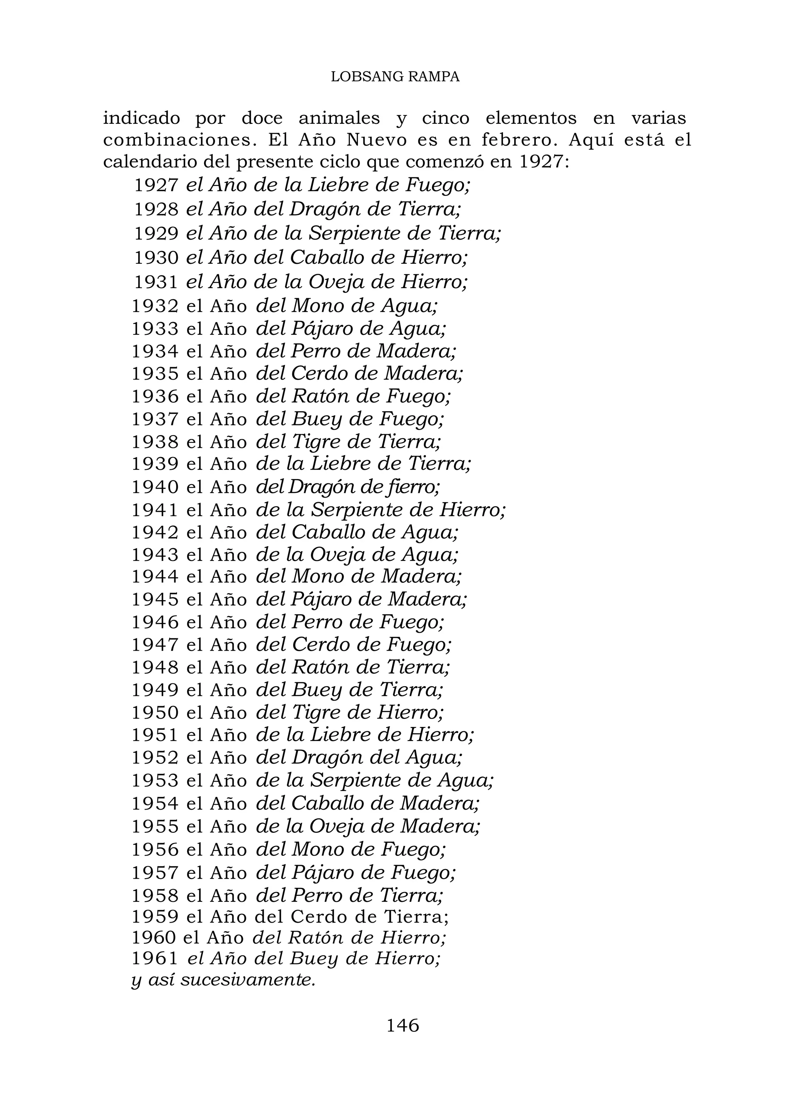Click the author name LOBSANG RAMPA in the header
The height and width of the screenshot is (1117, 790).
click(395, 77)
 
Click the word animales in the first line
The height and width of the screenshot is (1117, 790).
click(339, 118)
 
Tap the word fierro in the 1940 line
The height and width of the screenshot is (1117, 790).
click(416, 486)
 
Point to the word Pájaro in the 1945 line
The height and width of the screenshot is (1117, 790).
click(321, 599)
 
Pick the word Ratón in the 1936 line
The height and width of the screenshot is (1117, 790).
click(320, 397)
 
